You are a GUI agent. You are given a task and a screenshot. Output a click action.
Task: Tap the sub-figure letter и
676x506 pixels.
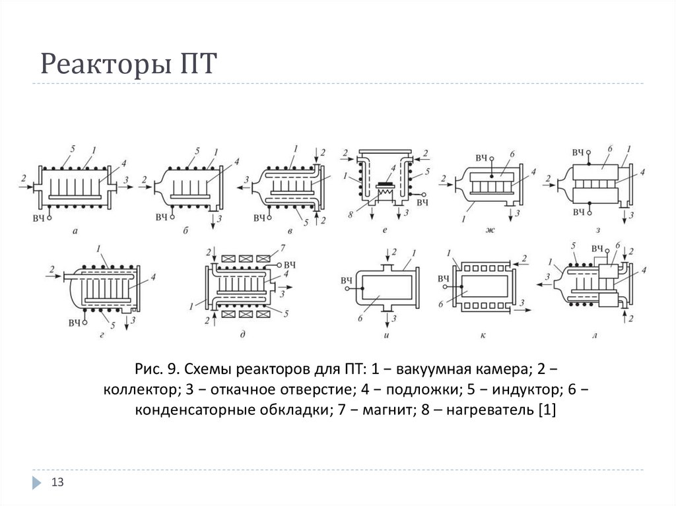point(384,336)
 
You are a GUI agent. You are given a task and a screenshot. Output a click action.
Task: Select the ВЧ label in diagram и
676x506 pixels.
point(346,280)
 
